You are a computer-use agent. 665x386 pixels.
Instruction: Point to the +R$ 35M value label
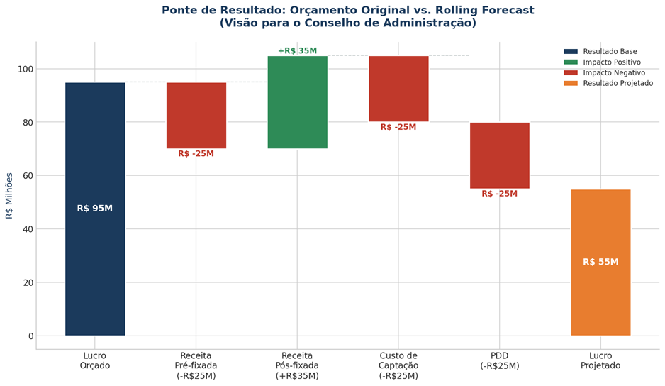point(297,51)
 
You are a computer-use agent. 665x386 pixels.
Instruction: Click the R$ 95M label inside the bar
point(95,209)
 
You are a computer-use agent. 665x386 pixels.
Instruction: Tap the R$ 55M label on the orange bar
point(600,262)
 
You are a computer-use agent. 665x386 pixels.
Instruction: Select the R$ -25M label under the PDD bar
point(499,194)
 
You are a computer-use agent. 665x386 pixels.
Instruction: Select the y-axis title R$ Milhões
point(10,195)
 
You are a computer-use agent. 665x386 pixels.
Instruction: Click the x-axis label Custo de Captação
point(398,365)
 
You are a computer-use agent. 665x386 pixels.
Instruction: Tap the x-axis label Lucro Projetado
point(600,360)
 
